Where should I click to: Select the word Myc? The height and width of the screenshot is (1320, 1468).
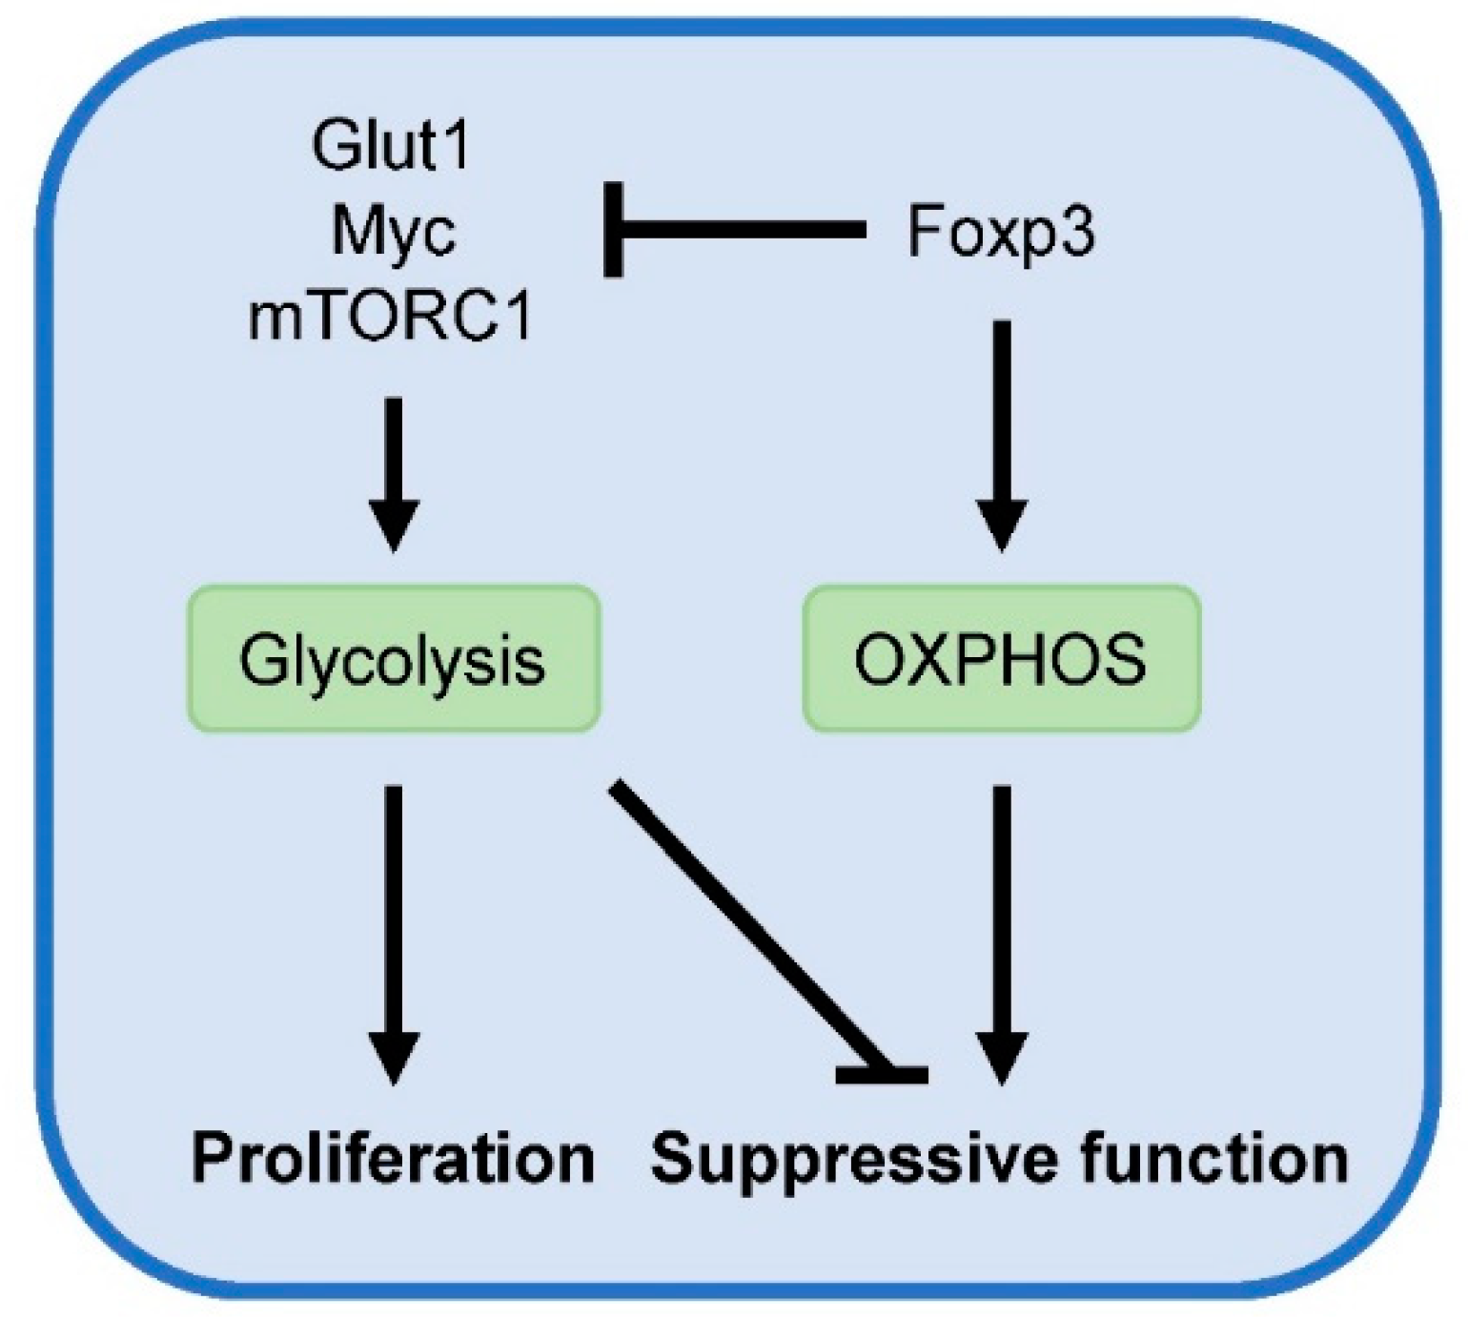[393, 231]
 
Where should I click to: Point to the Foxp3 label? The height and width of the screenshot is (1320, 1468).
[1001, 231]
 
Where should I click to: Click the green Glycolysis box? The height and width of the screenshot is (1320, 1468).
[393, 659]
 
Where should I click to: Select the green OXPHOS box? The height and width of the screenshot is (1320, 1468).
[1001, 659]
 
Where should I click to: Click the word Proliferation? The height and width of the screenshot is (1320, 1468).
[393, 1158]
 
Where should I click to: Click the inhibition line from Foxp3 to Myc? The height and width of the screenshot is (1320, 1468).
[744, 229]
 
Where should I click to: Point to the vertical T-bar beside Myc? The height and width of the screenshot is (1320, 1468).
[614, 229]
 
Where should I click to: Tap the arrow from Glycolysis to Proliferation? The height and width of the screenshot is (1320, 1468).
[393, 916]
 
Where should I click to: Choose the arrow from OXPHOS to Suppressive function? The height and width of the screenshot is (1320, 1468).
[1001, 916]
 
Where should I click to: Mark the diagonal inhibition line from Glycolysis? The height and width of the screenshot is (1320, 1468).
[744, 916]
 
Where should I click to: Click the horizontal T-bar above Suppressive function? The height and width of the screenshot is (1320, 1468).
[882, 1076]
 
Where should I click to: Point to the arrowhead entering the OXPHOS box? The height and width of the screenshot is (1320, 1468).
[1001, 525]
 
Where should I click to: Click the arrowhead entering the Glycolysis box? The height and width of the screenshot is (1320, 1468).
[393, 525]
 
